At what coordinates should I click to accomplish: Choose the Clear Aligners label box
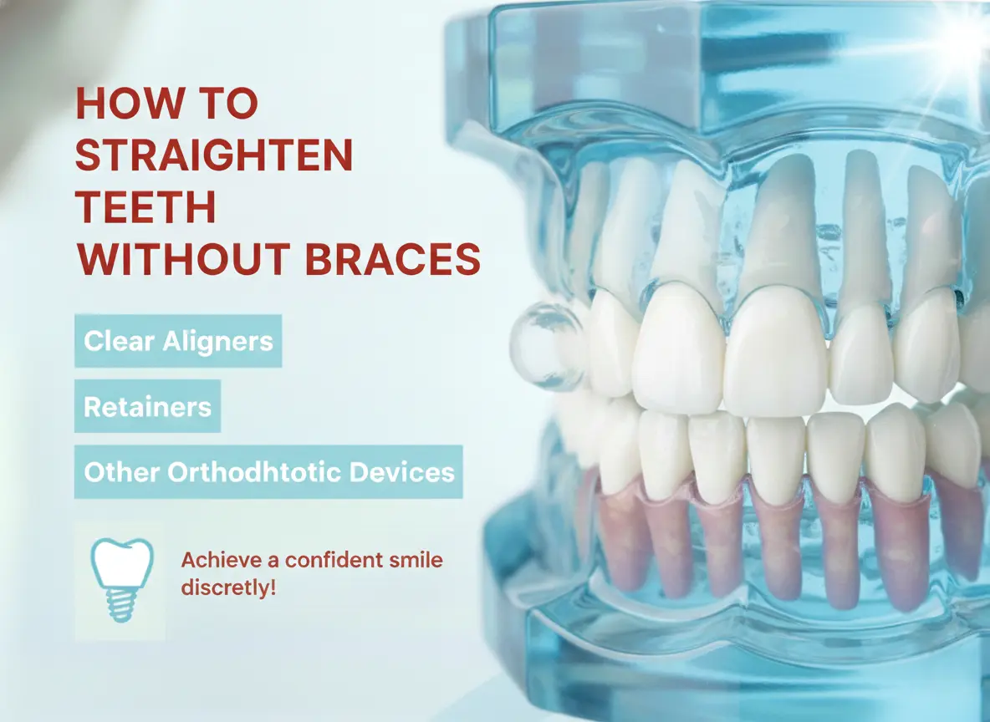coord(178,341)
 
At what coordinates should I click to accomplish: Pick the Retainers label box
coord(147,407)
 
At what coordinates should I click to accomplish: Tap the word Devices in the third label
coord(402,472)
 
